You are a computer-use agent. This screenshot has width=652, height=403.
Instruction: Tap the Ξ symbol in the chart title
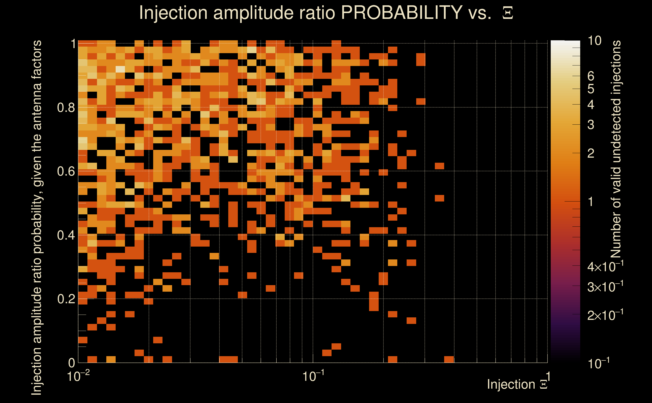pos(508,13)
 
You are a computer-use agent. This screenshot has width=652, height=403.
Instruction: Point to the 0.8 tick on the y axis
pos(66,108)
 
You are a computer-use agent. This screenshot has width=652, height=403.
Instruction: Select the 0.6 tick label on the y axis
pos(66,171)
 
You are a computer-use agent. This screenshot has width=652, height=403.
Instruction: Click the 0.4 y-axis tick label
pos(66,235)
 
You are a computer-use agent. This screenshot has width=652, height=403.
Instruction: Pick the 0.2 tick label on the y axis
pos(66,299)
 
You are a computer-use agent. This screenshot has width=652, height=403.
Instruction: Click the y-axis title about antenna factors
pos(37,217)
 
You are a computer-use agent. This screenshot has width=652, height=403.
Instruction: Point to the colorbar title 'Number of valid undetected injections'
pos(615,149)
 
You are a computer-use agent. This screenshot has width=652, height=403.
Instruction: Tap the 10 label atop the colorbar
pos(594,41)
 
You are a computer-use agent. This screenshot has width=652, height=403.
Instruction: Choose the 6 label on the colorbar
pos(591,76)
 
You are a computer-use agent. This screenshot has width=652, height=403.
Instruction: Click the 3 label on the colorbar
pos(591,125)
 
